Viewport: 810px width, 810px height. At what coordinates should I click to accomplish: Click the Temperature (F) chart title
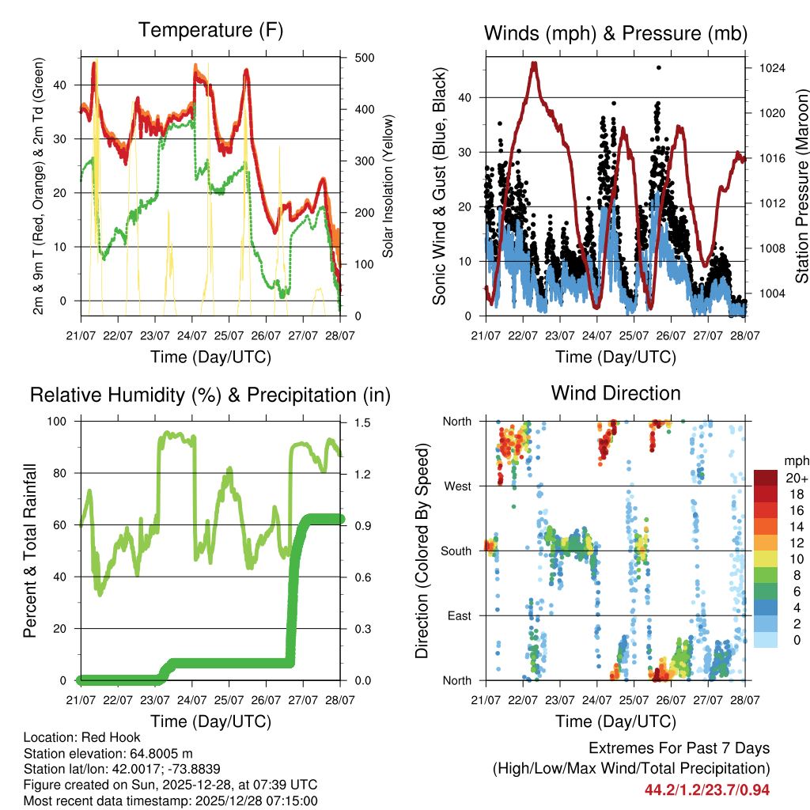click(210, 31)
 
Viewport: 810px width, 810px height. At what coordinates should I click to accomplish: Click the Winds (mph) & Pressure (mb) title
click(615, 33)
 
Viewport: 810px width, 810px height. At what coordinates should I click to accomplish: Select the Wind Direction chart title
click(615, 393)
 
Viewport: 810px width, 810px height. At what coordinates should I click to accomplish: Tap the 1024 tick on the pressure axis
click(770, 68)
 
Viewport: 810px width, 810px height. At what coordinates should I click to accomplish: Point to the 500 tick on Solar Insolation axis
click(365, 58)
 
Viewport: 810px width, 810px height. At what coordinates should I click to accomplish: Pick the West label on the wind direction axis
click(457, 486)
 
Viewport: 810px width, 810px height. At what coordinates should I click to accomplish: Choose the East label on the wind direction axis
click(459, 615)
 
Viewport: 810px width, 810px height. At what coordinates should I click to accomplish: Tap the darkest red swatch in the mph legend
click(765, 477)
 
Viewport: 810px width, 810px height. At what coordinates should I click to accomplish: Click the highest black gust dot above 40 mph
click(659, 68)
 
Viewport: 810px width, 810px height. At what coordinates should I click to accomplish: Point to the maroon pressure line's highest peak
click(534, 63)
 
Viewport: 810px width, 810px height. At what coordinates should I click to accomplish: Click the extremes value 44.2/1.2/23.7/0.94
click(707, 789)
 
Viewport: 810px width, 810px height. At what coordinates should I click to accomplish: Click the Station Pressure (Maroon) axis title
click(801, 187)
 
